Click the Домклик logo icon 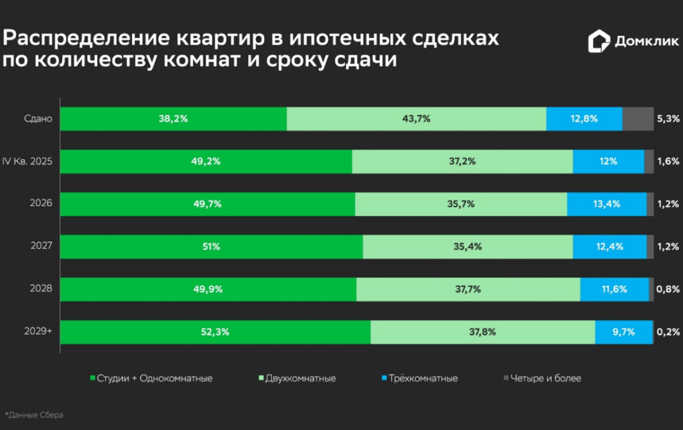[x=598, y=42]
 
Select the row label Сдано [x=39, y=119]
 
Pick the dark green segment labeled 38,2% [x=173, y=119]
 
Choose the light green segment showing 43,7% [x=416, y=119]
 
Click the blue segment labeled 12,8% [x=584, y=119]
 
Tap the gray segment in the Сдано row [x=638, y=119]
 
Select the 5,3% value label [x=668, y=119]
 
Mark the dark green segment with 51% [x=211, y=247]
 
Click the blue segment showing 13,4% [x=606, y=204]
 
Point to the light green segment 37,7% [x=468, y=289]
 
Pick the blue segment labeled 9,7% [x=623, y=331]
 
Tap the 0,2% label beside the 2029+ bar [x=668, y=331]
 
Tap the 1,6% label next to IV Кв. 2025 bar [x=668, y=161]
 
